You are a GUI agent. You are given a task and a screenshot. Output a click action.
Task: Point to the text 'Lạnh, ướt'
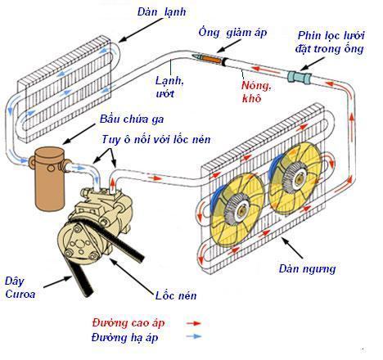(172, 87)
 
